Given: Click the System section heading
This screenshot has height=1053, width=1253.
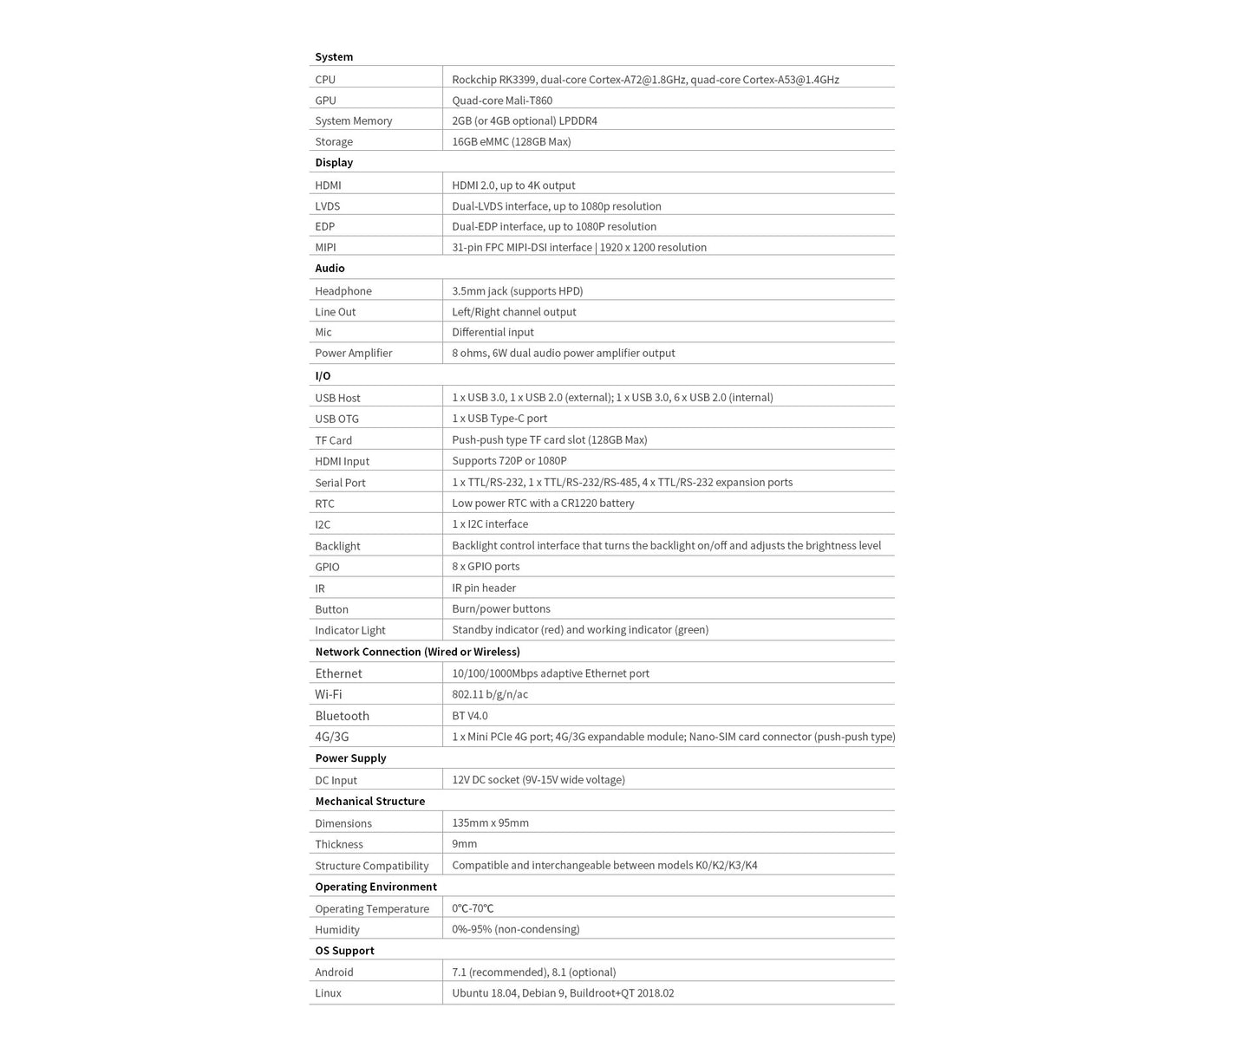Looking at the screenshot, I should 334,57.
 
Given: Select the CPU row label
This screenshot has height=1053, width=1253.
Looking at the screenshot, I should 325,80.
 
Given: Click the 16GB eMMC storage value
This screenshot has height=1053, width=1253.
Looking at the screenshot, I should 511,141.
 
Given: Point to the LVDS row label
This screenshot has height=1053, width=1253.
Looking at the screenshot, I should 328,206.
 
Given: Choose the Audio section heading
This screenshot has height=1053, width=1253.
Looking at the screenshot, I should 330,269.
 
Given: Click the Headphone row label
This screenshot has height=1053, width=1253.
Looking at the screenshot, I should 343,291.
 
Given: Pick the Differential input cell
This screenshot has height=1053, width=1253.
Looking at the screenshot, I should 493,332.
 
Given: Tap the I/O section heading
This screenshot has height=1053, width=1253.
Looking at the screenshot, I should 323,376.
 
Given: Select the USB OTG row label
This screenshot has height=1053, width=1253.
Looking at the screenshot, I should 336,419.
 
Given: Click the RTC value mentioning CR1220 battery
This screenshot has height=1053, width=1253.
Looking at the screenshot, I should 543,503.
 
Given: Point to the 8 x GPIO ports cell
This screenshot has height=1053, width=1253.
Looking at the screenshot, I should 486,566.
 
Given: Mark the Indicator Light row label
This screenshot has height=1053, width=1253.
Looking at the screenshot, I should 350,630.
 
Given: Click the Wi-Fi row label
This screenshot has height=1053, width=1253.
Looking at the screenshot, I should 329,694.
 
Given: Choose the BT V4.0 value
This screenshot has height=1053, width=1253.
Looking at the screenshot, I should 470,716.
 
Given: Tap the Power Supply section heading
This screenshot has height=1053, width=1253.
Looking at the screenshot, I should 350,758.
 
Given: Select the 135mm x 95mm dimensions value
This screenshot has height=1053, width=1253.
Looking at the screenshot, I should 490,822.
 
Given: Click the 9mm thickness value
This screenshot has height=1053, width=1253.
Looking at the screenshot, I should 465,843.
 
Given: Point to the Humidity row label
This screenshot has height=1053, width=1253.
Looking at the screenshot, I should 337,930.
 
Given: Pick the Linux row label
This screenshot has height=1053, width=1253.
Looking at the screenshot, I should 329,993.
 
